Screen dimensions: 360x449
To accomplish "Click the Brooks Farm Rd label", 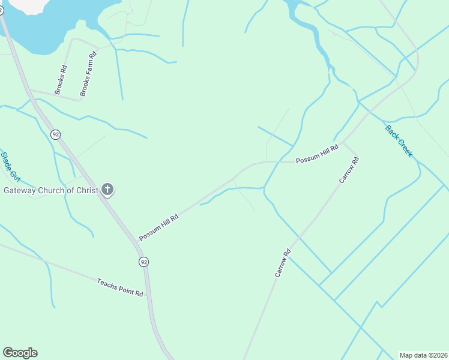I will click(x=89, y=74).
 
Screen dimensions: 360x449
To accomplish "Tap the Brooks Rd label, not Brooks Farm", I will click(x=61, y=80).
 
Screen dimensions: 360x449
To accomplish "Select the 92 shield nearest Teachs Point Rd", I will click(x=143, y=262).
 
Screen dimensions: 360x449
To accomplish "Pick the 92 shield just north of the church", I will click(x=56, y=134).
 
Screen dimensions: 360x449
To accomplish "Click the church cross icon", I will click(x=107, y=190).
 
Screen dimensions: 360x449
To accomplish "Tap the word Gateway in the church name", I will click(x=22, y=191).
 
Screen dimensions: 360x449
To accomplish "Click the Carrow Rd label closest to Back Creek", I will click(x=349, y=170).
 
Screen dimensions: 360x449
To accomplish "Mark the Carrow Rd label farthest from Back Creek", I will click(x=283, y=262).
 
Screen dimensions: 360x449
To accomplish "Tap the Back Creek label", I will click(x=399, y=141).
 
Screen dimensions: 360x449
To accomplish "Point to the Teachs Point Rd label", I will click(x=120, y=287).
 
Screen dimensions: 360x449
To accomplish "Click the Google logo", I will click(x=20, y=353).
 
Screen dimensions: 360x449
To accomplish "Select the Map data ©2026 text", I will click(x=423, y=355).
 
